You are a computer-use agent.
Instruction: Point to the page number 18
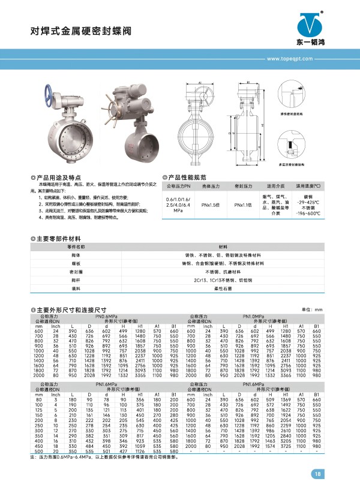317,475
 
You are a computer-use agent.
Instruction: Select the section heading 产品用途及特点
59,178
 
